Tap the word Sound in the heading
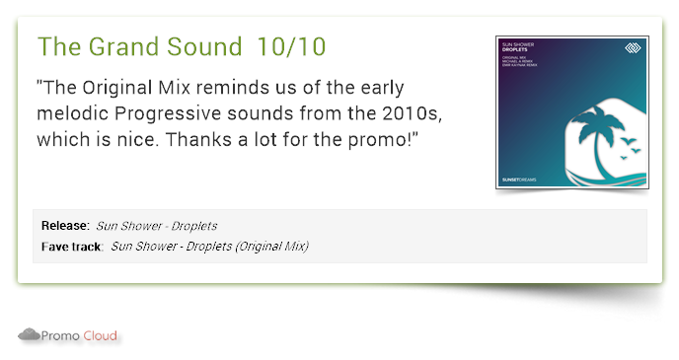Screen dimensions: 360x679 click(x=206, y=46)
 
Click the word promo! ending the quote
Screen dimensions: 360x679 click(x=387, y=140)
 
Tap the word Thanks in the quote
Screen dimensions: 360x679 click(x=196, y=140)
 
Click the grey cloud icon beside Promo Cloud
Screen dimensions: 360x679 click(x=29, y=335)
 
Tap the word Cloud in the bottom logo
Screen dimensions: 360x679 click(x=100, y=336)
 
